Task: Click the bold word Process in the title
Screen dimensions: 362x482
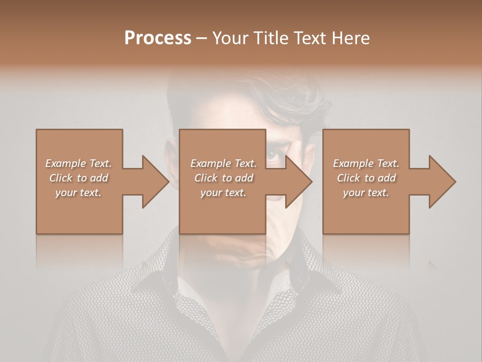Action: click(x=158, y=38)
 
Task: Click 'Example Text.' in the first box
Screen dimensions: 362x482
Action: click(x=78, y=163)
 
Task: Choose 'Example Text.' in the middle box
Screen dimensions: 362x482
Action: click(x=223, y=163)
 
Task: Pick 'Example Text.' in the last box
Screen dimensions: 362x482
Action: click(x=366, y=163)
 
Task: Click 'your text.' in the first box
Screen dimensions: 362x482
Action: click(x=78, y=193)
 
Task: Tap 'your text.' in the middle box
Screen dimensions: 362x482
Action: click(x=223, y=193)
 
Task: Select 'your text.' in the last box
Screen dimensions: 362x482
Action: click(x=366, y=193)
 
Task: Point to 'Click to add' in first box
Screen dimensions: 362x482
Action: click(x=78, y=178)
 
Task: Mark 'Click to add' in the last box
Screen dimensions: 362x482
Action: click(x=366, y=178)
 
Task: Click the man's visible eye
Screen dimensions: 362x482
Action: click(x=274, y=154)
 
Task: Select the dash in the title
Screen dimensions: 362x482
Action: click(x=201, y=39)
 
